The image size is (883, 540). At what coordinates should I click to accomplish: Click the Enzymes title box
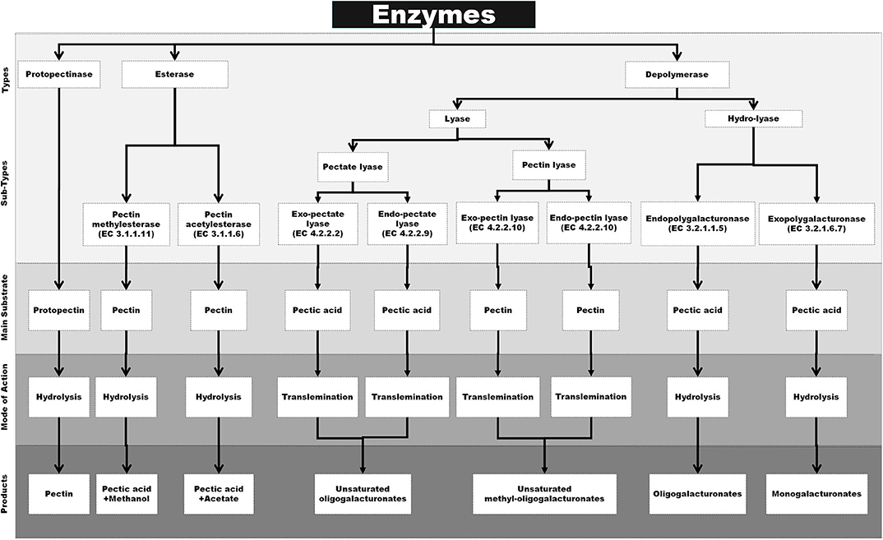[433, 15]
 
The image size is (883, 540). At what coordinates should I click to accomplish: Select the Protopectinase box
[60, 74]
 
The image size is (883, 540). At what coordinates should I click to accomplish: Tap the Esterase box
[174, 74]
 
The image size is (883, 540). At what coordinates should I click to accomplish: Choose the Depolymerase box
[677, 74]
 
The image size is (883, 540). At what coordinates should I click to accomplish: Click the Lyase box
[457, 118]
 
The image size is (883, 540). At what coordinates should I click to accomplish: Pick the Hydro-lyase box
[753, 118]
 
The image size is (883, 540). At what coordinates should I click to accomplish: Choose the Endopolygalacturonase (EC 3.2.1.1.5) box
[696, 224]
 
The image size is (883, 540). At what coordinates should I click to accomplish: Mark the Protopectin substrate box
[60, 310]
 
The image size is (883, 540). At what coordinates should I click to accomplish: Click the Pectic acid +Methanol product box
[126, 493]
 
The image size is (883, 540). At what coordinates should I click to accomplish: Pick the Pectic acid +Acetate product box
[218, 493]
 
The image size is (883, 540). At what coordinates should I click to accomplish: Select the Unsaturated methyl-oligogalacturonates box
[544, 493]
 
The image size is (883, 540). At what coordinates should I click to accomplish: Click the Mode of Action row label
[7, 399]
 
